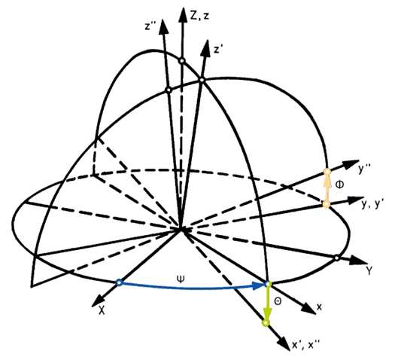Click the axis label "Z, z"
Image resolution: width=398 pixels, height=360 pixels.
(199, 16)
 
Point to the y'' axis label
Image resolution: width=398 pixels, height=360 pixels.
(365, 169)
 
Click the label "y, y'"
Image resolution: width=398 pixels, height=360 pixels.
(372, 204)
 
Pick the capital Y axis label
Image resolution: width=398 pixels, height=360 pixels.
(369, 270)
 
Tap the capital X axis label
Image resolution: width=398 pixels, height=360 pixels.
(102, 310)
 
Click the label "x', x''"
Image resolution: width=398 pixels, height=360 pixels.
(306, 345)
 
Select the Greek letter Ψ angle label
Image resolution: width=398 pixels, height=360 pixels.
(181, 279)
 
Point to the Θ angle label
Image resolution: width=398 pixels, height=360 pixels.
(278, 301)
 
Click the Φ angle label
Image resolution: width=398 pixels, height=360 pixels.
(339, 185)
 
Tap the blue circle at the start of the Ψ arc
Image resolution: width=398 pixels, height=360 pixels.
(119, 282)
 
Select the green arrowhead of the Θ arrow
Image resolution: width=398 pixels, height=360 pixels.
(267, 313)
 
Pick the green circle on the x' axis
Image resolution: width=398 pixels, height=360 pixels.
(266, 323)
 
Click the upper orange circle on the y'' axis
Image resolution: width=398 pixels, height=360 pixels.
(327, 172)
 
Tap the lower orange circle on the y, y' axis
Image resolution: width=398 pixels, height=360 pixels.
(327, 204)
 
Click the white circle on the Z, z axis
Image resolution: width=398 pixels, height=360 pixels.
(181, 61)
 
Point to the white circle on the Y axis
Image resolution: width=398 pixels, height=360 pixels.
(337, 258)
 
